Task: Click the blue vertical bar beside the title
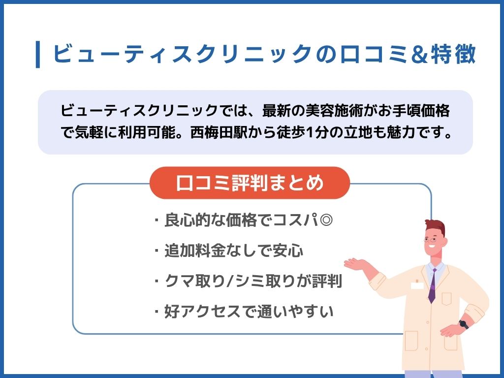coord(38,55)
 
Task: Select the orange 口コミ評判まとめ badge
coord(250,183)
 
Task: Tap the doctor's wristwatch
coord(463,324)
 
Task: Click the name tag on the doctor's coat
coord(417,285)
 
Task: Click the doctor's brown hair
coord(436,227)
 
